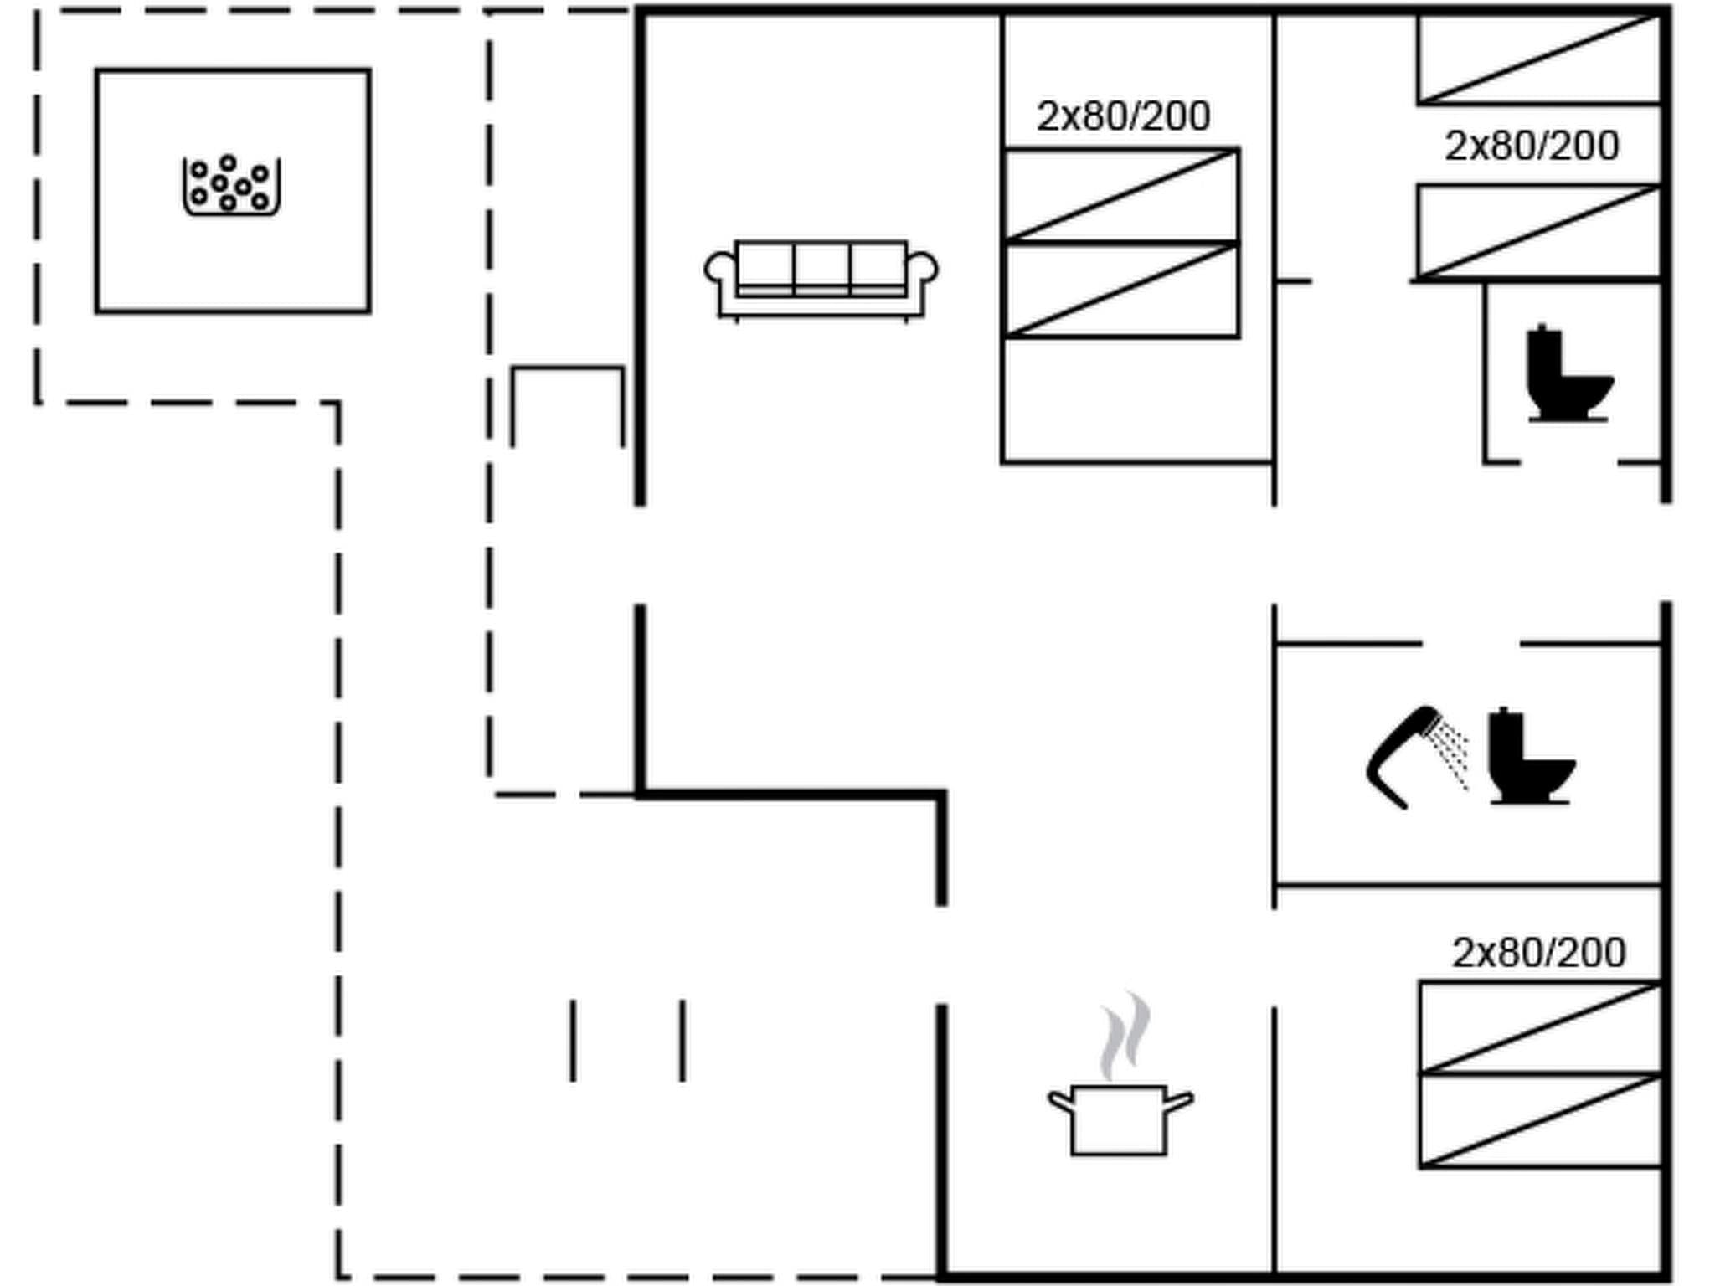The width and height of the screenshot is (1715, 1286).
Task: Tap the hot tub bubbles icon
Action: [x=231, y=185]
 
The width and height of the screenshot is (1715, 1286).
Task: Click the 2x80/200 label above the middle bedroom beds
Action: [x=1123, y=116]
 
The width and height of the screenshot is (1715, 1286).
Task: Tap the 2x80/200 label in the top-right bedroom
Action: [x=1532, y=147]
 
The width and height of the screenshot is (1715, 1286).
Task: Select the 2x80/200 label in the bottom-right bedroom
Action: [x=1538, y=953]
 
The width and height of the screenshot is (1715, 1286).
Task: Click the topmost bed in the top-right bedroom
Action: [x=1539, y=59]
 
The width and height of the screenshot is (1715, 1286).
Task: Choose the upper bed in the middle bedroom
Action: [x=1121, y=195]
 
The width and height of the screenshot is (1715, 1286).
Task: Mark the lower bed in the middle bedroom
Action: [x=1121, y=290]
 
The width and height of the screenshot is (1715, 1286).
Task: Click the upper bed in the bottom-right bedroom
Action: [x=1541, y=1027]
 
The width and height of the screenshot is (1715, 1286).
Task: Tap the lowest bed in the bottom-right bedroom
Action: [x=1541, y=1120]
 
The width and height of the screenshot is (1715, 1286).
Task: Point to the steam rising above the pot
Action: [x=1125, y=1037]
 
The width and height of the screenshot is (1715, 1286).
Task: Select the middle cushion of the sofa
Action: [x=821, y=265]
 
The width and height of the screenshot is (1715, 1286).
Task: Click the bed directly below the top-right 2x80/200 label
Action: [x=1539, y=232]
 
